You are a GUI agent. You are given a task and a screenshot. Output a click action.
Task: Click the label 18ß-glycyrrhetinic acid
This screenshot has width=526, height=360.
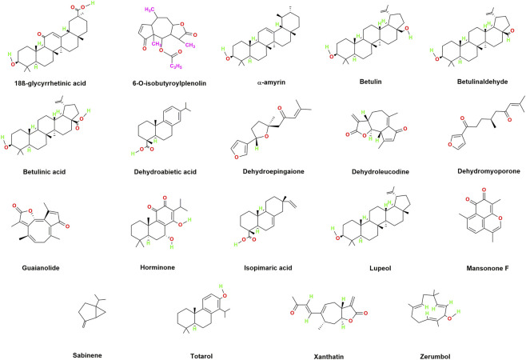50,83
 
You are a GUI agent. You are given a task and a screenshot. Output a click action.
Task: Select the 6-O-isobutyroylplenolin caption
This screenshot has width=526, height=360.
169,83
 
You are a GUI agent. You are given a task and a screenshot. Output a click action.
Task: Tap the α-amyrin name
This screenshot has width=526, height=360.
271,82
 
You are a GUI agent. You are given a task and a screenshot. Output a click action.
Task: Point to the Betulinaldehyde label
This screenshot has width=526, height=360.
482,82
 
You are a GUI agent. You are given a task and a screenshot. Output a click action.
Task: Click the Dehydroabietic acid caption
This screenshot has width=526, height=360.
165,172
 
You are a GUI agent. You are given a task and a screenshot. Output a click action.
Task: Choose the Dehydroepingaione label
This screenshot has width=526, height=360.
273,171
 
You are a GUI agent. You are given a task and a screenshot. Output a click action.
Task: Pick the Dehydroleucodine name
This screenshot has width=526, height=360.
381,172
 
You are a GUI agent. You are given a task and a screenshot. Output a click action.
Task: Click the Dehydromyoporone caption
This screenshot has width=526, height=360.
488,171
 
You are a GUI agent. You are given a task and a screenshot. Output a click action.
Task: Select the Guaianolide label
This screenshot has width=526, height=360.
41,268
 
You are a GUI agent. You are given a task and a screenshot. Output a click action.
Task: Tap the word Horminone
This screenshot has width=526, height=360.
157,267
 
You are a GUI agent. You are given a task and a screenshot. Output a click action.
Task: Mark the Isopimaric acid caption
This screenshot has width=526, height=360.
268,268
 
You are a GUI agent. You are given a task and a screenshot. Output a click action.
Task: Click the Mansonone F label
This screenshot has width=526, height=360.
488,268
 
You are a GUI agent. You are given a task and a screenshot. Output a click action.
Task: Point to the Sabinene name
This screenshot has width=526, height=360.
87,355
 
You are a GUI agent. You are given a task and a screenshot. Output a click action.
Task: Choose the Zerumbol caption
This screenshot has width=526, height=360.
435,357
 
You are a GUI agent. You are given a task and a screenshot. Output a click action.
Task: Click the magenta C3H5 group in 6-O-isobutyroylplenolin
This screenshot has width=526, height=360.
176,66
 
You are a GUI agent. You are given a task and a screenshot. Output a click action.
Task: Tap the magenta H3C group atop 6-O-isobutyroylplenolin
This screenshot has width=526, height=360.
149,10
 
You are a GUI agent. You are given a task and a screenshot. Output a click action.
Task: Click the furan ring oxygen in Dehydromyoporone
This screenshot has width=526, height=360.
450,145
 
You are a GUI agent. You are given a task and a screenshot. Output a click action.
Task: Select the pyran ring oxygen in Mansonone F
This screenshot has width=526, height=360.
500,218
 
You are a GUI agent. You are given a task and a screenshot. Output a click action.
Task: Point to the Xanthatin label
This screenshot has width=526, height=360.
329,357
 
